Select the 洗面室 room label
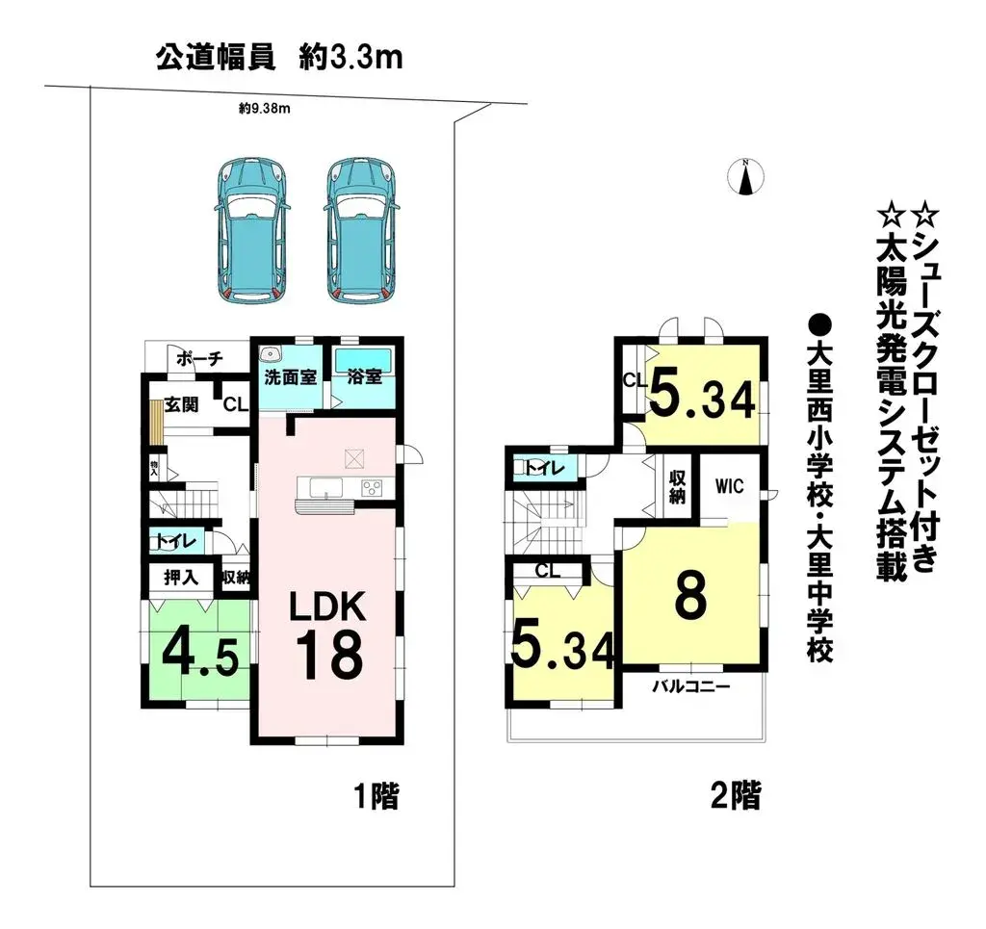(x=291, y=377)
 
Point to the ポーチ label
(x=201, y=358)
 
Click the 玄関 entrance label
(x=181, y=404)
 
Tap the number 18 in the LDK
(x=328, y=657)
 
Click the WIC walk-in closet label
(x=730, y=487)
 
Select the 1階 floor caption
(x=374, y=796)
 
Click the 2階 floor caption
(x=735, y=796)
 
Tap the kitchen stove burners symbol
(x=373, y=488)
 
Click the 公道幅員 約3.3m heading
(x=278, y=58)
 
